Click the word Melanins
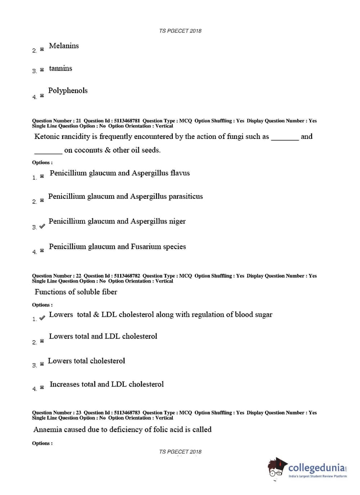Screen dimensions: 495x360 click(x=64, y=46)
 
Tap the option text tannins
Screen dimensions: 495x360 click(x=60, y=68)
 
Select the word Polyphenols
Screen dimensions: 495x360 click(x=68, y=91)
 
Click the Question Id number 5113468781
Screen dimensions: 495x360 click(x=127, y=121)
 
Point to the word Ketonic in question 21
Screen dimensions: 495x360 click(x=46, y=136)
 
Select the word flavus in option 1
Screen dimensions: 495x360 click(x=180, y=173)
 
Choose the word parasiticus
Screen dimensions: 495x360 click(x=185, y=197)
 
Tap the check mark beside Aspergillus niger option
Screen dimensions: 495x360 click(x=42, y=226)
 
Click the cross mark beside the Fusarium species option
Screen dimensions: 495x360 click(x=42, y=250)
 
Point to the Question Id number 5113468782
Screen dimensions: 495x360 click(x=127, y=276)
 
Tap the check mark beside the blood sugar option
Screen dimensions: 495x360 click(x=42, y=318)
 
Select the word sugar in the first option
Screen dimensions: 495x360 click(x=264, y=315)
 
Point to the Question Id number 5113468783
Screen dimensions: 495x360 click(x=127, y=413)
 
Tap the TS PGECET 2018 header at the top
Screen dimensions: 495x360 click(x=180, y=31)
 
